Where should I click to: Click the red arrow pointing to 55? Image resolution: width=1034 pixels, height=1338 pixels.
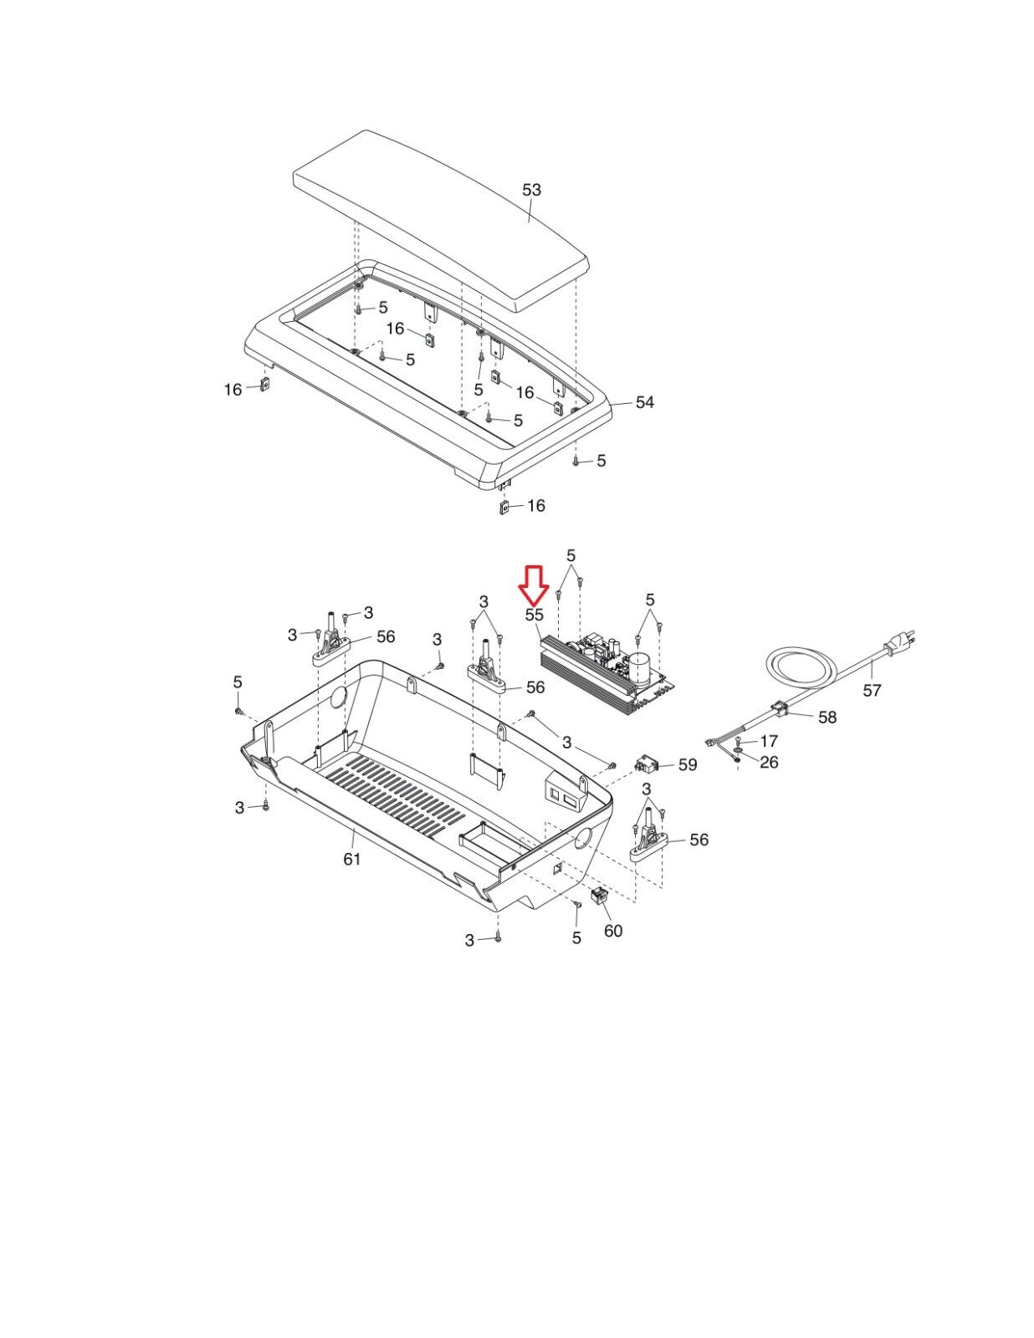[534, 585]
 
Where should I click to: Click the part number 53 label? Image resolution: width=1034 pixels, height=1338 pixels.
[531, 190]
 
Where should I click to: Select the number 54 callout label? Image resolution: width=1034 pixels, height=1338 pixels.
[644, 402]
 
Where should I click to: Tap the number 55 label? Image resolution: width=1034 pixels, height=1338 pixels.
[534, 615]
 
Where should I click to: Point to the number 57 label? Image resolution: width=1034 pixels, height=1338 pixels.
[872, 690]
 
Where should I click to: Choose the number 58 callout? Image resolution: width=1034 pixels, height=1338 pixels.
[827, 717]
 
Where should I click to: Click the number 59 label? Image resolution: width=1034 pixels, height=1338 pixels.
[688, 764]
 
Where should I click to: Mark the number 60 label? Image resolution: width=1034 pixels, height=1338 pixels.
[612, 931]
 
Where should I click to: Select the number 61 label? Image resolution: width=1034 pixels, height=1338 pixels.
[351, 859]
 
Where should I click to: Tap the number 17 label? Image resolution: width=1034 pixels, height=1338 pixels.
[769, 741]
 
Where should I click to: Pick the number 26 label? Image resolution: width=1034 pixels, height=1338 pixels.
[769, 763]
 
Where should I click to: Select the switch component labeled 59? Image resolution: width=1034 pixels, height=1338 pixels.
[647, 764]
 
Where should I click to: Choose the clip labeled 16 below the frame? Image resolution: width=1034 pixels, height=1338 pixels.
[503, 508]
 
